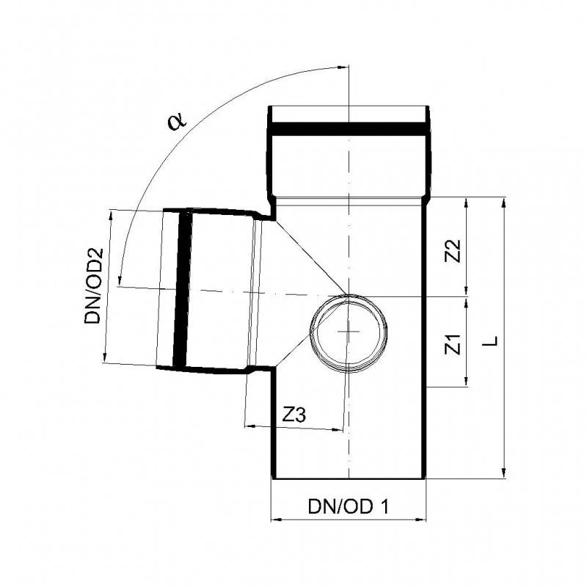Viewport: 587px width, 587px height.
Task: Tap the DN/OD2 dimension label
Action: point(92,285)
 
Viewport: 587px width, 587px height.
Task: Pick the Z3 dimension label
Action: point(294,415)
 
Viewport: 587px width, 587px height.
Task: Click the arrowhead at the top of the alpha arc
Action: point(342,70)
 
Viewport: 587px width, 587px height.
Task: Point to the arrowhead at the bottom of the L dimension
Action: point(503,473)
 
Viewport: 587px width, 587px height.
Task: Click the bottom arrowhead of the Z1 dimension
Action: point(466,382)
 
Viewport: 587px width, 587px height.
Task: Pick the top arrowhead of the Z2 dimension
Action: point(466,203)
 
